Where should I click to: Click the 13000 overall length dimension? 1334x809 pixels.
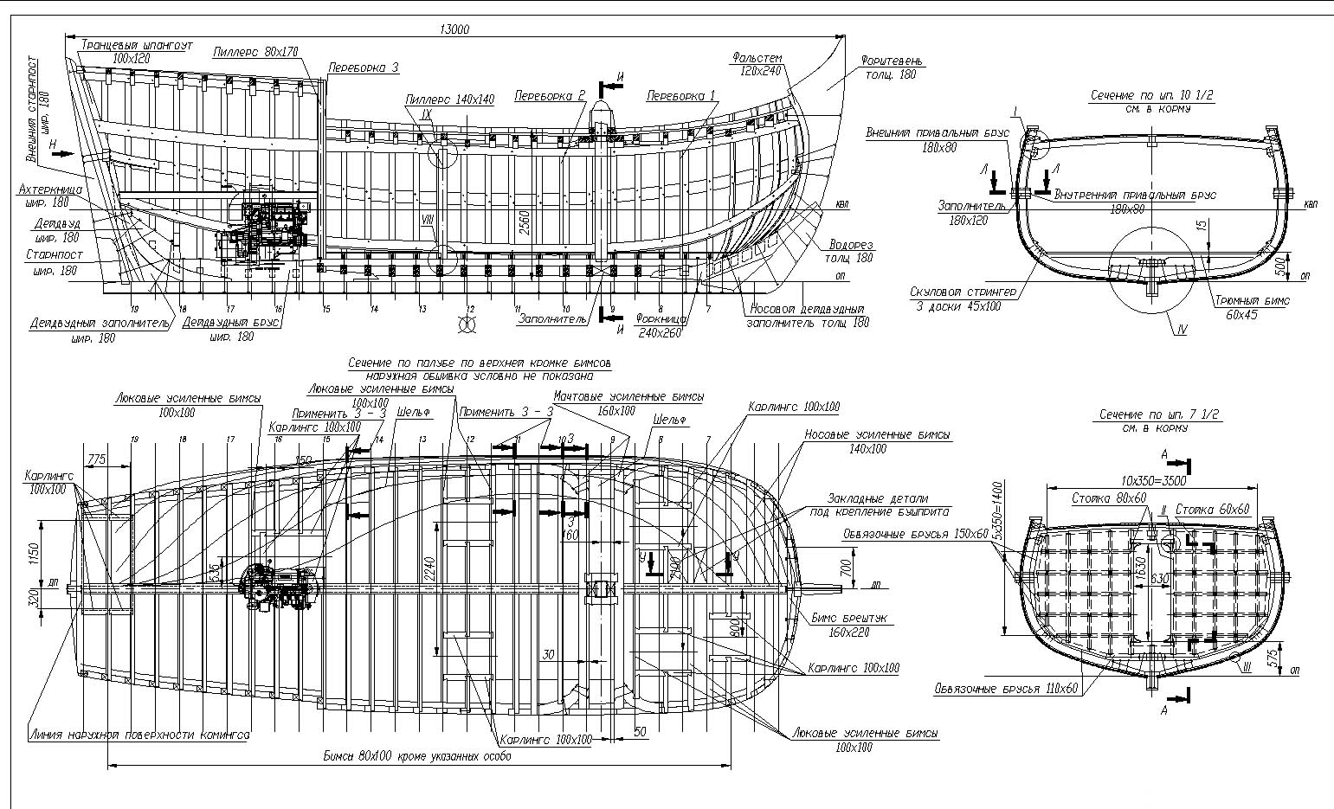click(x=454, y=29)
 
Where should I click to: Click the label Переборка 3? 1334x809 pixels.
click(x=364, y=67)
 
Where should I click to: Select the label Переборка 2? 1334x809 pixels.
click(x=550, y=93)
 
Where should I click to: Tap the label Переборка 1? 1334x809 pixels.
click(x=681, y=93)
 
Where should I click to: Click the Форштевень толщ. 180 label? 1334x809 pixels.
click(x=892, y=67)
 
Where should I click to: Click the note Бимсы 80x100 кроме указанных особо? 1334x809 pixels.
click(x=417, y=756)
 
